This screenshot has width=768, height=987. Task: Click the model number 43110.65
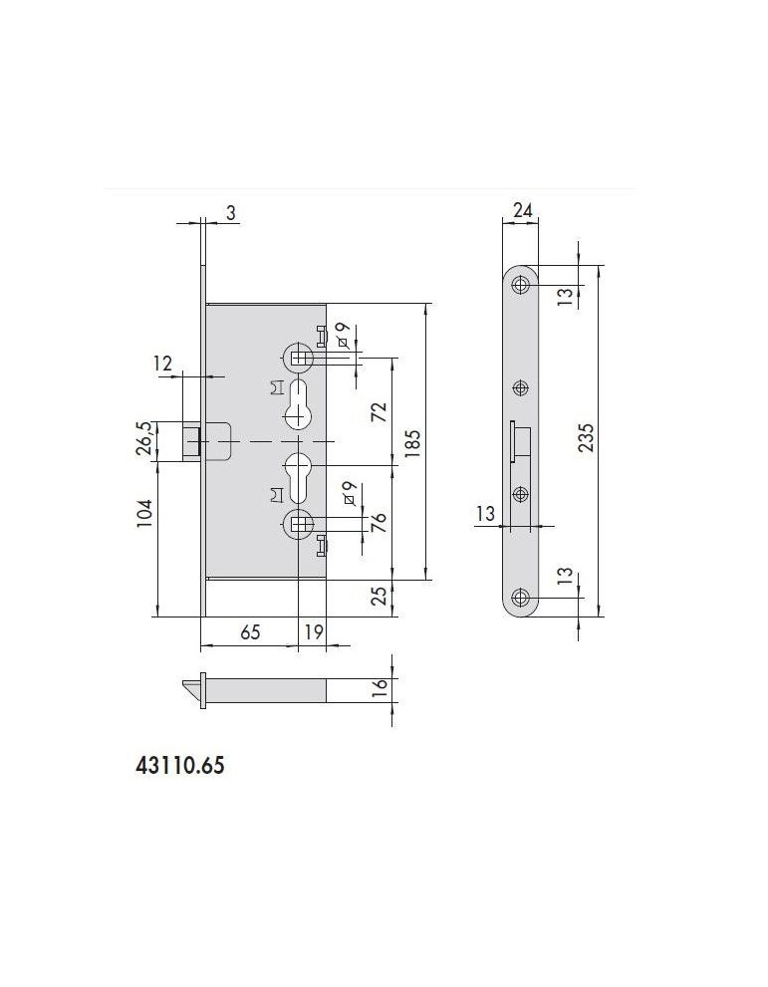click(180, 766)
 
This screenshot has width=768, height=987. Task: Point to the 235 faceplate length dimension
click(586, 439)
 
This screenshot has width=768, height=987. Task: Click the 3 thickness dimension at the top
click(231, 213)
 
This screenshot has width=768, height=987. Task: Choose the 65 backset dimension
click(250, 631)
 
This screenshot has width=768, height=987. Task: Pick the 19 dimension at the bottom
click(314, 631)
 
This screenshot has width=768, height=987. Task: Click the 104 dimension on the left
click(144, 513)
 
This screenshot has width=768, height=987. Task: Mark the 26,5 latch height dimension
click(144, 438)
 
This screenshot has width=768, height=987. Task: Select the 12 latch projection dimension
click(162, 364)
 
